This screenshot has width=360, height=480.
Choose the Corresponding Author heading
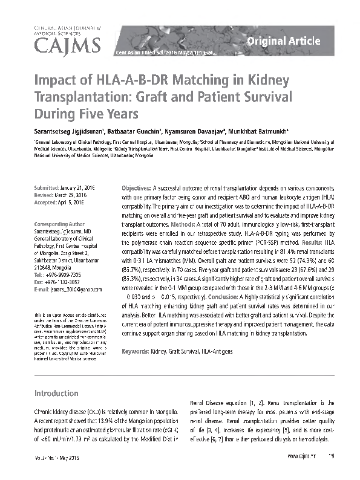[x=61, y=223]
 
